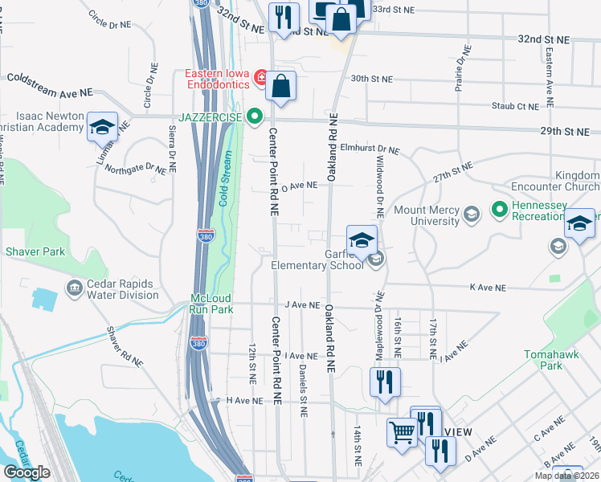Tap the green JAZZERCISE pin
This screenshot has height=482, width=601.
[x=255, y=117]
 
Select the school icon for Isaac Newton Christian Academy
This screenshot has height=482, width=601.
[x=102, y=127]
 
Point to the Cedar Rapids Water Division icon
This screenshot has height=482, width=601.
[x=75, y=288]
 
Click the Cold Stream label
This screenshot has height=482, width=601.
[x=226, y=182]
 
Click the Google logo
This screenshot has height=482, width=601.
[x=27, y=472]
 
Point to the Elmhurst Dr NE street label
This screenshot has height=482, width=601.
[x=369, y=149]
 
